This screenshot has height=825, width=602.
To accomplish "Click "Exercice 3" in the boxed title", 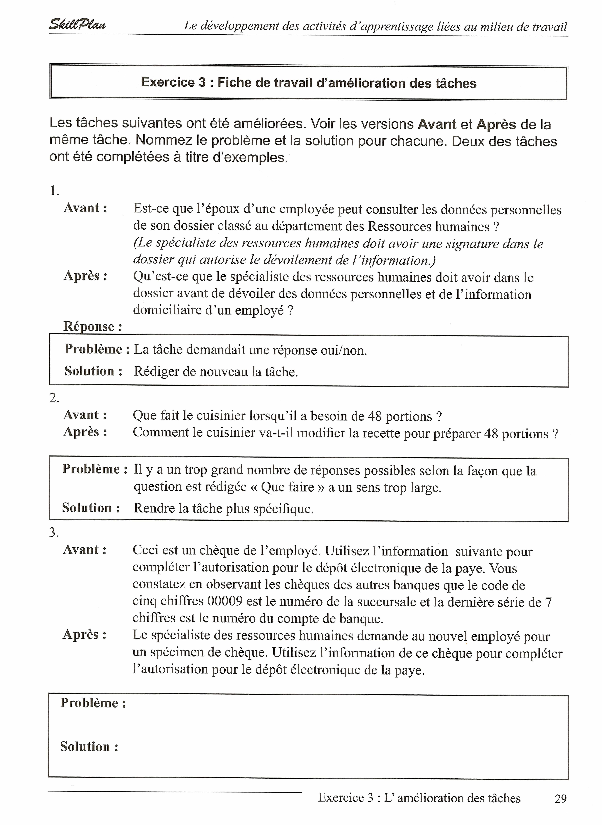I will [x=173, y=82].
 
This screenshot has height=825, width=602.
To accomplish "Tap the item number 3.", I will [x=54, y=533].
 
